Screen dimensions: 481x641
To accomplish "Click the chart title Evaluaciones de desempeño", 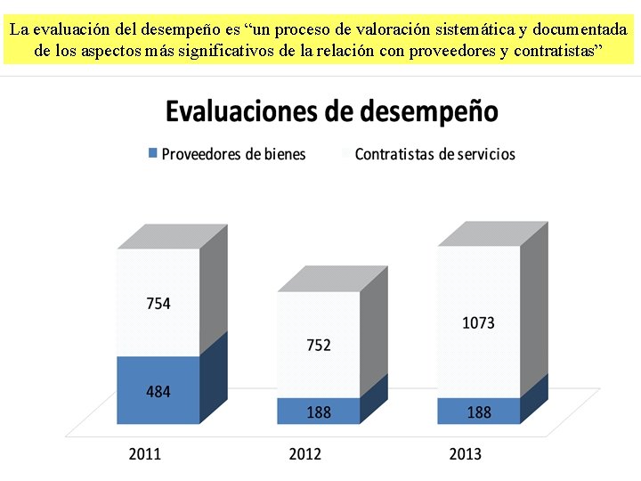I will pyautogui.click(x=331, y=112).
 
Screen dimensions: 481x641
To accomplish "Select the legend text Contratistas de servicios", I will pyautogui.click(x=434, y=154).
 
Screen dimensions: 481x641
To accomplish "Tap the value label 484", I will pyautogui.click(x=158, y=392).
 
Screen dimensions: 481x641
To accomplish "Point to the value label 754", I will pyautogui.click(x=158, y=304).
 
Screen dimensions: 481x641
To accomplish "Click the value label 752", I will pyautogui.click(x=319, y=345).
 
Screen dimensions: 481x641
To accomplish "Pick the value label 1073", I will pyautogui.click(x=478, y=323).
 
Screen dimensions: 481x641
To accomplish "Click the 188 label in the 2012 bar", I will pyautogui.click(x=319, y=412).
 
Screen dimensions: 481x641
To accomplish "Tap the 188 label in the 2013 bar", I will pyautogui.click(x=478, y=412).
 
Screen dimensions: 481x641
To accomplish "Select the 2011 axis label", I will pyautogui.click(x=145, y=454).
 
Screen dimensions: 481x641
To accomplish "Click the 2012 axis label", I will pyautogui.click(x=305, y=454).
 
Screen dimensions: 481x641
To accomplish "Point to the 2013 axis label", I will pyautogui.click(x=465, y=454).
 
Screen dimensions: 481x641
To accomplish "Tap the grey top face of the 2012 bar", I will pyautogui.click(x=332, y=279).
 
